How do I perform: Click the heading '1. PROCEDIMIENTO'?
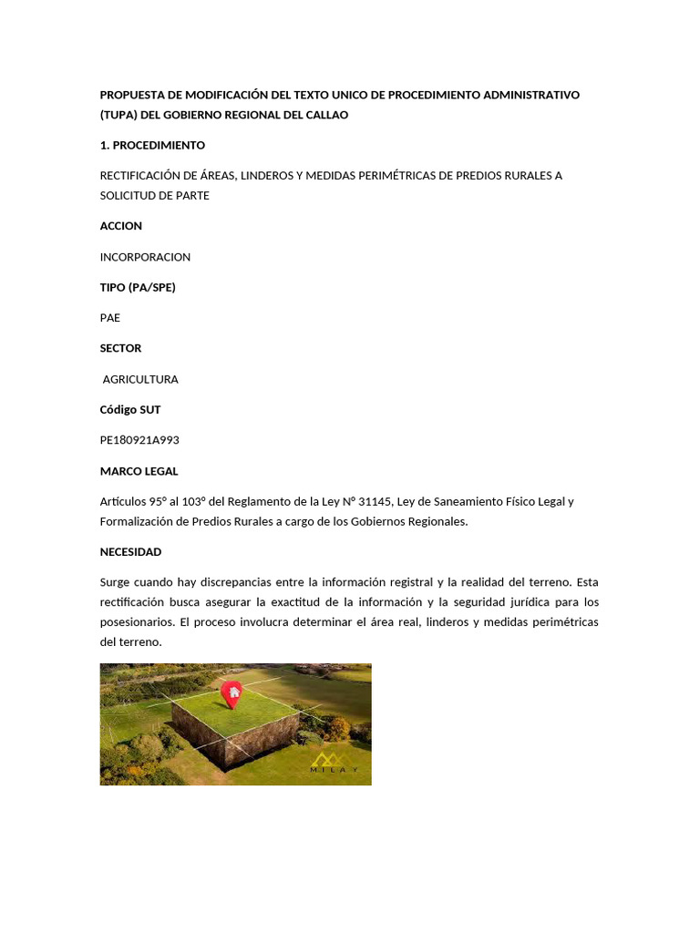click(x=152, y=145)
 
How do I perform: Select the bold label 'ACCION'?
click(x=121, y=226)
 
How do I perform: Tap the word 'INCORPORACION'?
click(x=145, y=257)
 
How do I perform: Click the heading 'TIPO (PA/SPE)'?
click(x=138, y=287)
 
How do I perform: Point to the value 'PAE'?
click(x=110, y=318)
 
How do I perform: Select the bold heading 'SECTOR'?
click(x=120, y=348)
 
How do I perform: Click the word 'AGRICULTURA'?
click(x=140, y=379)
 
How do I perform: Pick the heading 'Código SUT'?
click(x=130, y=410)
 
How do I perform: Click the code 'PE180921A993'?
click(x=139, y=440)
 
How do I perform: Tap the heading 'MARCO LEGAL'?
click(x=139, y=471)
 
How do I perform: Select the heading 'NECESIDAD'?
click(x=130, y=551)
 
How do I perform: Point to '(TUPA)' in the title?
click(x=118, y=115)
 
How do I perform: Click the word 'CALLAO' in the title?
click(x=327, y=115)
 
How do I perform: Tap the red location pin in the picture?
click(x=232, y=694)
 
